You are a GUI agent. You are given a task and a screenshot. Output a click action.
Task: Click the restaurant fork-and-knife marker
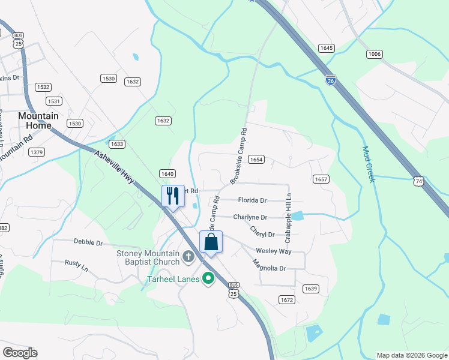173,196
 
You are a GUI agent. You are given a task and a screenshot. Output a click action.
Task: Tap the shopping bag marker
211,242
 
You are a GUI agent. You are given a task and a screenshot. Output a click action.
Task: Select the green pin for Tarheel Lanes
208,278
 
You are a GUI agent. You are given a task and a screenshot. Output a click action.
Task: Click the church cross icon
188,257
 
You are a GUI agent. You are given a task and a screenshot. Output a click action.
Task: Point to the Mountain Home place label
38,121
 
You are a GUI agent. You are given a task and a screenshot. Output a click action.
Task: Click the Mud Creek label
368,164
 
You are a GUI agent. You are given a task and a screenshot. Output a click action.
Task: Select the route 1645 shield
327,48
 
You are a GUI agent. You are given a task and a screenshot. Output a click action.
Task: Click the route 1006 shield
375,55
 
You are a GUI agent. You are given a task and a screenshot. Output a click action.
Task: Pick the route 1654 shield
256,160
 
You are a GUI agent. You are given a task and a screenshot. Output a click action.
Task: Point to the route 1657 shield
321,179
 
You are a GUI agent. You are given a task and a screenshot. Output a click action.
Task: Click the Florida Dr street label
252,200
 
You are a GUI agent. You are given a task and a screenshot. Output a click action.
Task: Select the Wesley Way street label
273,251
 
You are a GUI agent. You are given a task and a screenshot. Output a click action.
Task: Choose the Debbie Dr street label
88,242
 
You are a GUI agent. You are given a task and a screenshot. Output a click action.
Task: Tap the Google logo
20,353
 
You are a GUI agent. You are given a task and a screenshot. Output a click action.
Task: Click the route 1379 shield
37,152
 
